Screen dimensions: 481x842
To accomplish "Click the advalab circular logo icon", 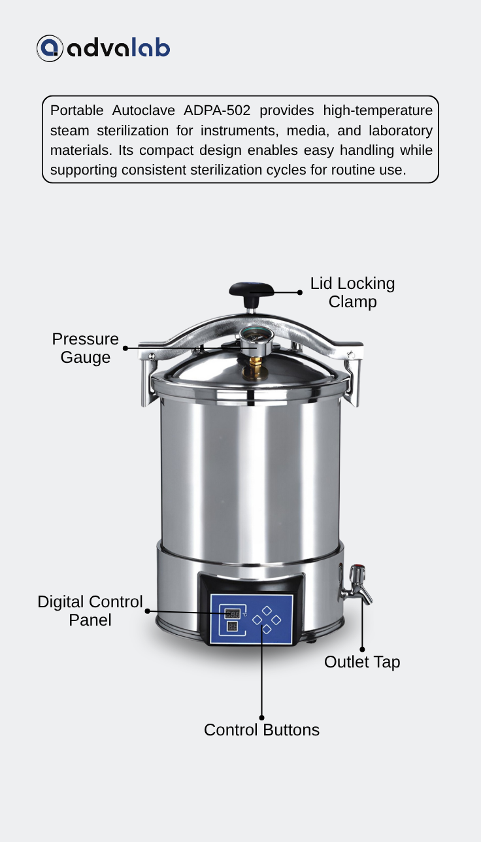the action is [x=50, y=48].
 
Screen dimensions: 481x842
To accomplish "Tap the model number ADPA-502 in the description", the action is [x=217, y=110].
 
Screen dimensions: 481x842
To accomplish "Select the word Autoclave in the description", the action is [x=144, y=110].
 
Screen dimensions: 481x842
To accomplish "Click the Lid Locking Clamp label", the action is [x=352, y=292].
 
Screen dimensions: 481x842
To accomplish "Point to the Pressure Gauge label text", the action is [x=86, y=348].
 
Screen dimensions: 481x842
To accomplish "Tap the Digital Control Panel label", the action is [x=90, y=611].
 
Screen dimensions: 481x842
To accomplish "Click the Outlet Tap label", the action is [x=362, y=662].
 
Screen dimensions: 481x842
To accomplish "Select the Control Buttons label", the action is [x=261, y=730].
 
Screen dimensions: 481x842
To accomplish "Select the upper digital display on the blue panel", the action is [x=232, y=614].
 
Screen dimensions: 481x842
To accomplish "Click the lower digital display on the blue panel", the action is [x=232, y=626].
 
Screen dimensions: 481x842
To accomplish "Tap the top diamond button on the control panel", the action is [x=267, y=611].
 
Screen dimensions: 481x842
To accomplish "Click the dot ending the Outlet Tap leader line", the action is [x=362, y=649].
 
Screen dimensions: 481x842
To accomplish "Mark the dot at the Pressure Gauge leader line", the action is [x=125, y=348].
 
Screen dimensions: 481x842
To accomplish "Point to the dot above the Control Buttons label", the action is [x=262, y=718].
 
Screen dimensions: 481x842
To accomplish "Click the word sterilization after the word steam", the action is [x=133, y=131].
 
